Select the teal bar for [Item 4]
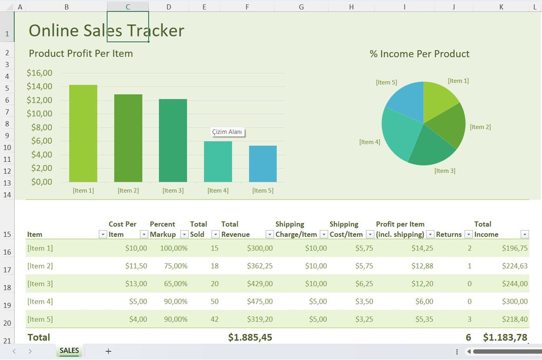pyautogui.click(x=218, y=161)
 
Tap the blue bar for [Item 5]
pyautogui.click(x=263, y=164)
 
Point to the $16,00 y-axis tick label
pyautogui.click(x=40, y=73)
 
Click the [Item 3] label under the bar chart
pyautogui.click(x=173, y=191)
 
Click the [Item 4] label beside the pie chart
pyautogui.click(x=370, y=142)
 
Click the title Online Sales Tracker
pyautogui.click(x=106, y=31)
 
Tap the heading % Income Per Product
pyautogui.click(x=420, y=54)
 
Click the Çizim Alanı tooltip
pyautogui.click(x=227, y=132)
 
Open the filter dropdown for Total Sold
pyautogui.click(x=215, y=234)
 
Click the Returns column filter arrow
pyautogui.click(x=469, y=234)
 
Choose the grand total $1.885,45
pyautogui.click(x=250, y=337)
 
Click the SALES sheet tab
pyautogui.click(x=69, y=350)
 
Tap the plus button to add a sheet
pyautogui.click(x=108, y=351)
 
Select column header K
pyautogui.click(x=501, y=7)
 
